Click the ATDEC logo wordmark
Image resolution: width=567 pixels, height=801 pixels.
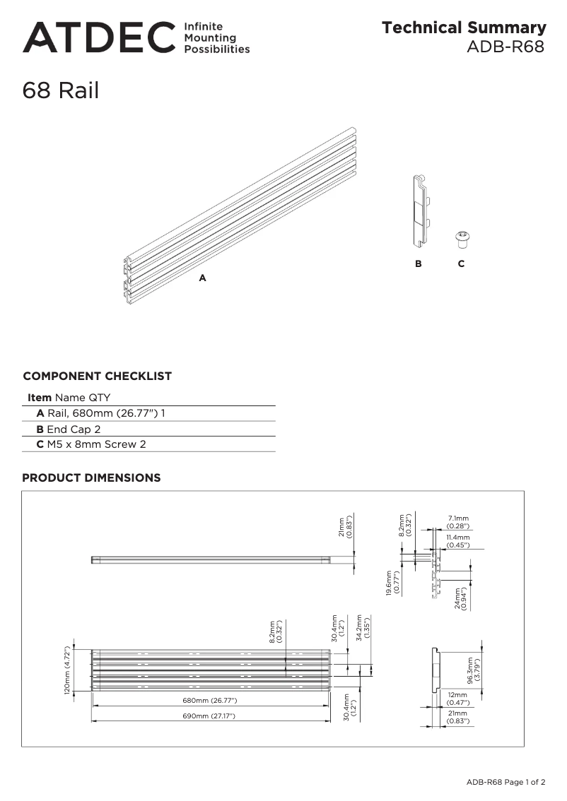click(98, 37)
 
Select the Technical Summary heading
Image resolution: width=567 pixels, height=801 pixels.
click(464, 28)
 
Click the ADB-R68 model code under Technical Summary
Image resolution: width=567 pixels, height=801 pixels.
click(505, 47)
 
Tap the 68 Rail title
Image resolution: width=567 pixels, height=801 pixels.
click(61, 90)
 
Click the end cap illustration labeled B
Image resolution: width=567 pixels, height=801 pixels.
click(421, 211)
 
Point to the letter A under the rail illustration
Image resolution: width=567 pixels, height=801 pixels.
click(202, 278)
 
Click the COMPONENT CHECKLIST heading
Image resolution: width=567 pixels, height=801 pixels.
click(98, 376)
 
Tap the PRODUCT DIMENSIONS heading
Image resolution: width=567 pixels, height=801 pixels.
click(91, 478)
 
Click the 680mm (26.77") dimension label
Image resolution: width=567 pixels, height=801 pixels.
click(210, 701)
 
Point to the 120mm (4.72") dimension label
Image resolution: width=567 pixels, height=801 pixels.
click(69, 670)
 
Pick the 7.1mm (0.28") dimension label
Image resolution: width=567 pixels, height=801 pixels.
click(458, 522)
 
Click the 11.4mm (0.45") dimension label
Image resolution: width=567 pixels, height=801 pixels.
click(458, 541)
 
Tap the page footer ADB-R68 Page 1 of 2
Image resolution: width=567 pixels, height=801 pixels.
click(505, 782)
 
